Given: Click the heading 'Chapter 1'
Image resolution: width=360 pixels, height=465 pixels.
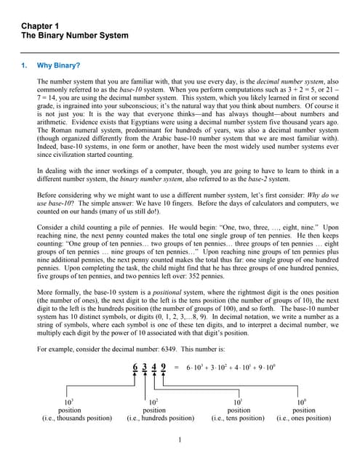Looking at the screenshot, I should pyautogui.click(x=41, y=26).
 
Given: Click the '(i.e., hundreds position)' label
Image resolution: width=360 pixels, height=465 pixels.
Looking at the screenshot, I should pyautogui.click(x=160, y=418).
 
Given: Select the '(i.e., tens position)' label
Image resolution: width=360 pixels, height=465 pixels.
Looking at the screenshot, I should pyautogui.click(x=239, y=418).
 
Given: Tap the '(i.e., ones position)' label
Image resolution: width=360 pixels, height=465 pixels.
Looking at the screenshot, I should pyautogui.click(x=304, y=418).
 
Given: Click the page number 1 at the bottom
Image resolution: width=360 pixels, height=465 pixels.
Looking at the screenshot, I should pyautogui.click(x=180, y=440).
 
